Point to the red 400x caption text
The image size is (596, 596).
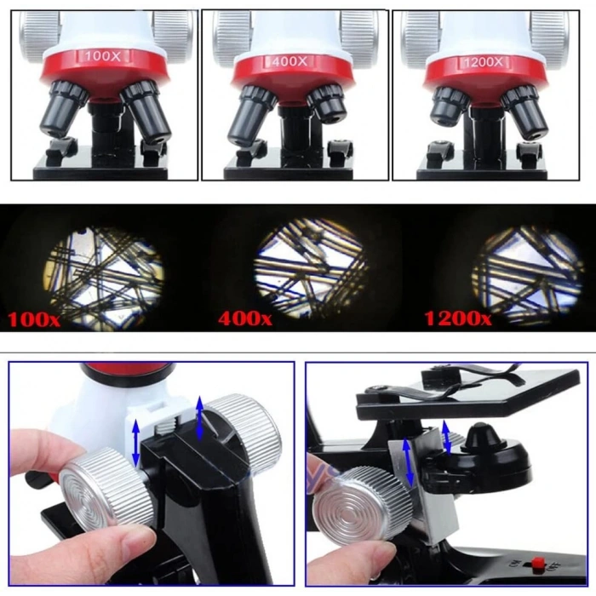pyautogui.click(x=245, y=319)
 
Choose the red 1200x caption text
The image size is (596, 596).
pyautogui.click(x=457, y=319)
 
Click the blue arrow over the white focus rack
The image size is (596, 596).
pyautogui.click(x=135, y=443)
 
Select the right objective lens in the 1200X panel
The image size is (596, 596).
pyautogui.click(x=524, y=110)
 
